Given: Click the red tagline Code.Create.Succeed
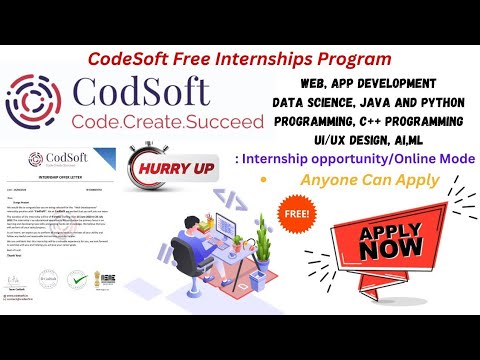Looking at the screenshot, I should [139, 121].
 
